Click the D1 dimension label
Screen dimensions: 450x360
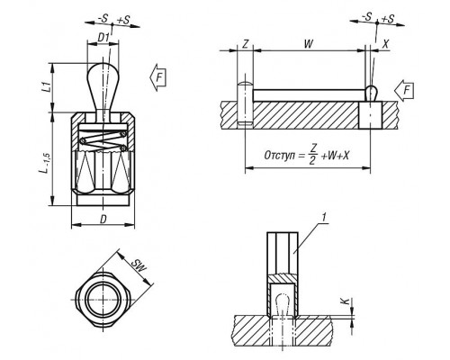(103, 38)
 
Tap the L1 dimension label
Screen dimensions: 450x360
(46, 87)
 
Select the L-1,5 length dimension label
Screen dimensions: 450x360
(45, 163)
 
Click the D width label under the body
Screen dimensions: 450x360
(103, 220)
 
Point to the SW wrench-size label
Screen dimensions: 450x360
(139, 265)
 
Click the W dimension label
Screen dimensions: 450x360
(308, 44)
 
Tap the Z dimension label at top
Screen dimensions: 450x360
(245, 44)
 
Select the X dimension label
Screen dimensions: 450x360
(385, 44)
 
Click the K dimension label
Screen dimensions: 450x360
(346, 301)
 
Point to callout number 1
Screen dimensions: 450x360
(323, 218)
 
